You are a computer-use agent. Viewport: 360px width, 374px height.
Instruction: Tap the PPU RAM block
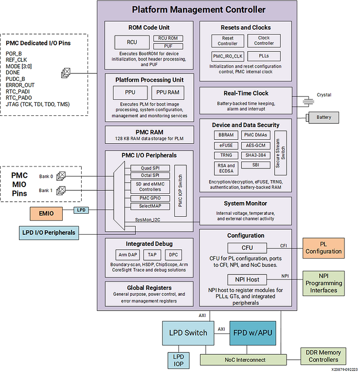point(168,93)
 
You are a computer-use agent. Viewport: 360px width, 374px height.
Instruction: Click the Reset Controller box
point(228,41)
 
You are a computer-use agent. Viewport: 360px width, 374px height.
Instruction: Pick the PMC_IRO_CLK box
point(228,56)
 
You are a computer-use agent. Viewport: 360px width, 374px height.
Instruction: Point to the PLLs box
point(264,56)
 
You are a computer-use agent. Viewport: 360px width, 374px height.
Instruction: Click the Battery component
point(324,117)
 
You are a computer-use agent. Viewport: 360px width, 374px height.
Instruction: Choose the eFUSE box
point(226,145)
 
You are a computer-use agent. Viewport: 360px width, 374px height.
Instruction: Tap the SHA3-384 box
point(256,155)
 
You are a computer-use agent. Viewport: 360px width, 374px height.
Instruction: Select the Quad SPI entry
point(149,168)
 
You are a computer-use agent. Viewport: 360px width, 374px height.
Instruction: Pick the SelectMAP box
point(149,206)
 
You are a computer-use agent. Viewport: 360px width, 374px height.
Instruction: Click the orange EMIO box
point(47,212)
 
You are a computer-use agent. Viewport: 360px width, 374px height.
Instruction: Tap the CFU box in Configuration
point(247,248)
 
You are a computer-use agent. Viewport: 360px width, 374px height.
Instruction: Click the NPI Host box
point(247,280)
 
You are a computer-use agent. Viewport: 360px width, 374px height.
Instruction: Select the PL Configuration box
point(324,248)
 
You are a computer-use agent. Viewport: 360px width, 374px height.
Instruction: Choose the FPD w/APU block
point(252,333)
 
